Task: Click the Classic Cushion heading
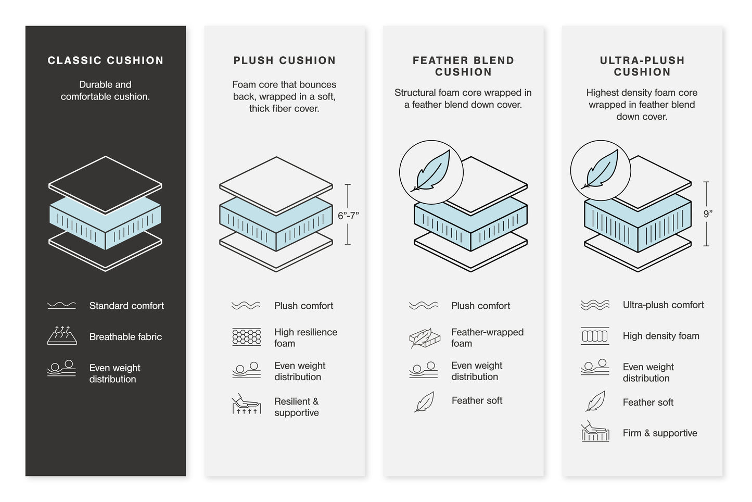(x=106, y=60)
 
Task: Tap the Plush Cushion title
(x=284, y=60)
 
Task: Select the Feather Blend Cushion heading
(x=463, y=66)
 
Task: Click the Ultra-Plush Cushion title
(x=642, y=66)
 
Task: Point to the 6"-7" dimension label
(x=348, y=216)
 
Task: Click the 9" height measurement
(x=708, y=214)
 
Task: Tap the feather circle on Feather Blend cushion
(x=431, y=172)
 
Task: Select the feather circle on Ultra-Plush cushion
(x=601, y=170)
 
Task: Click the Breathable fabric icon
(x=62, y=336)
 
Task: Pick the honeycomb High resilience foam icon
(x=246, y=337)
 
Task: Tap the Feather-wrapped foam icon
(x=424, y=338)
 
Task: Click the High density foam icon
(x=594, y=336)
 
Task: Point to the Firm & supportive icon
(x=594, y=432)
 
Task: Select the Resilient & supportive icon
(x=246, y=404)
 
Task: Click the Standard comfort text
(x=126, y=306)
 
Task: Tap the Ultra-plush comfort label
(x=663, y=305)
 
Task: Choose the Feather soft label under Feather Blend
(x=477, y=400)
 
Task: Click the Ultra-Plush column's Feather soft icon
(x=595, y=401)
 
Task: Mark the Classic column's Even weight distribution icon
(x=61, y=368)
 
